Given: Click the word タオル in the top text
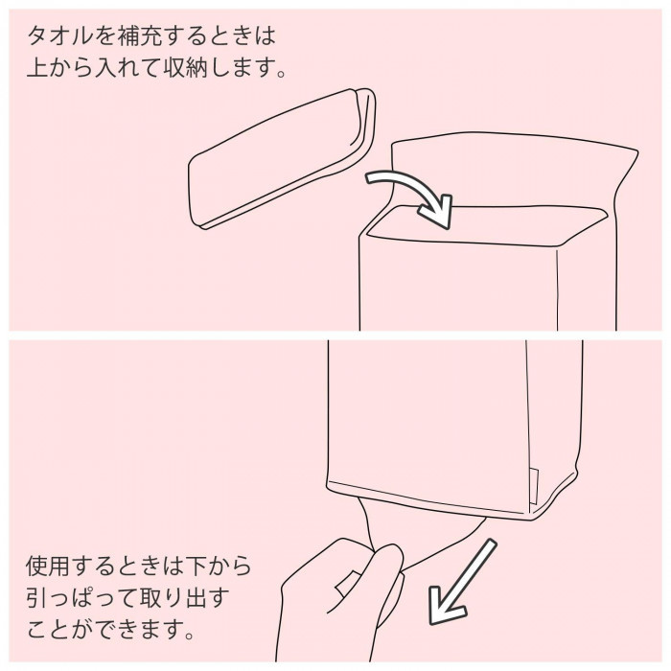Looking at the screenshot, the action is [x=59, y=35].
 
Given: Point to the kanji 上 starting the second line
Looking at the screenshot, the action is [x=36, y=67].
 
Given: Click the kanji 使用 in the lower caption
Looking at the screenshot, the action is [x=48, y=566].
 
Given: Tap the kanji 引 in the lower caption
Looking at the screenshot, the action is [x=36, y=598].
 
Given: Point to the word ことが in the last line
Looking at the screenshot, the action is [x=59, y=630].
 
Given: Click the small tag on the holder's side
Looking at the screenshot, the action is [x=533, y=487].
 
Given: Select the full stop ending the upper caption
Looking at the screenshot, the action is [x=281, y=73].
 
